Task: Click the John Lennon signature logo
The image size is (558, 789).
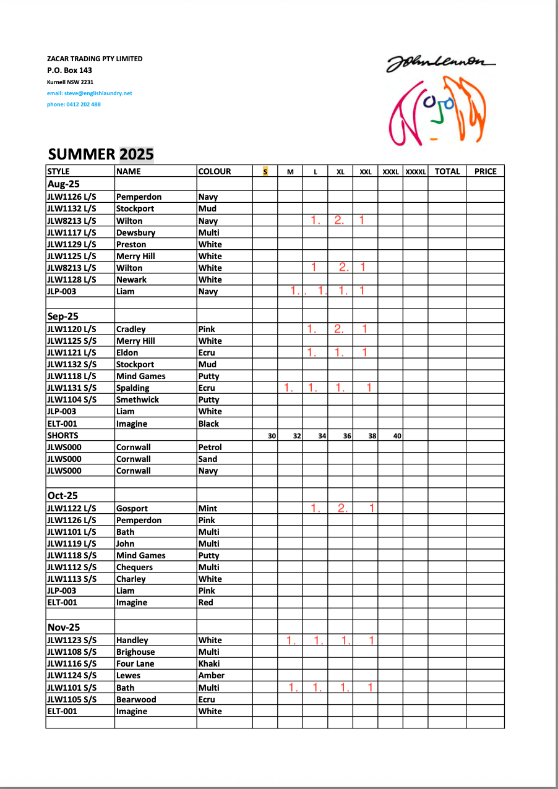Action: click(440, 62)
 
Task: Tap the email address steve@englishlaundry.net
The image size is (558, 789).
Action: click(90, 93)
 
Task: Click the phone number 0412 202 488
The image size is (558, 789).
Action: click(74, 104)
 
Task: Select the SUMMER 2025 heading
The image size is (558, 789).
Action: click(101, 154)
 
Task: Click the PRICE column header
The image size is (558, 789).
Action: click(485, 171)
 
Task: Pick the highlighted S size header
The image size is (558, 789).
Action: click(265, 171)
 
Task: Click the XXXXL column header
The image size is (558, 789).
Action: click(415, 172)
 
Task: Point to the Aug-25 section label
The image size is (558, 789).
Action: click(64, 184)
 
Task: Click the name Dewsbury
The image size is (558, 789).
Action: click(135, 232)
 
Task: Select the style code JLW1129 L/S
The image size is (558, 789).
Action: click(72, 244)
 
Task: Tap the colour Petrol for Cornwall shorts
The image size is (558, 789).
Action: click(210, 447)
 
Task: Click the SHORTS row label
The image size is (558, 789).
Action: click(62, 435)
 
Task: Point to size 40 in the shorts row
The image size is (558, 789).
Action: click(397, 436)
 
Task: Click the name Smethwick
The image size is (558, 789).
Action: click(138, 399)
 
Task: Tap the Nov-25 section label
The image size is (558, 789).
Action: click(64, 627)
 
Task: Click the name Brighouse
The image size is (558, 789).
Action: click(135, 652)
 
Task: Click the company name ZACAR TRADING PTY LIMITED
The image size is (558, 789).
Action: click(95, 59)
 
